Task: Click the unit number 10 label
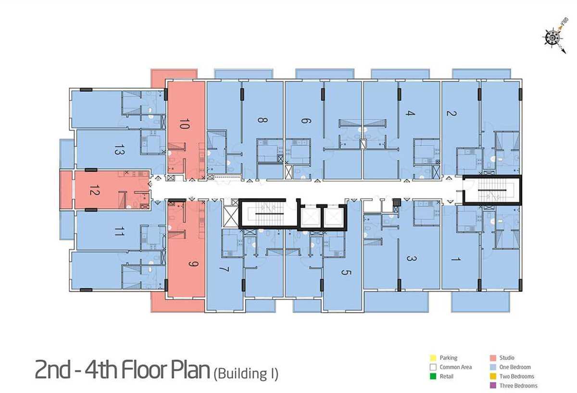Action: pos(184,124)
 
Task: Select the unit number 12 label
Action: pos(94,190)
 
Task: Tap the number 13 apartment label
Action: pos(120,150)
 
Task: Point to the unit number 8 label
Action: pos(263,120)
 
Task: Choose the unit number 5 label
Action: pos(346,272)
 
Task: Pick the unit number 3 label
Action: pos(410,258)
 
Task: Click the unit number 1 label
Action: pos(456,258)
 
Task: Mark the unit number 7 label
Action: pos(224,269)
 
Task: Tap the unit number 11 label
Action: pos(120,231)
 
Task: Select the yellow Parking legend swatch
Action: pos(433,358)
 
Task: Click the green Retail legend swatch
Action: pos(433,377)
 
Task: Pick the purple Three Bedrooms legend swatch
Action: pos(493,386)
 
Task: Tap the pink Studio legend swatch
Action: pos(493,358)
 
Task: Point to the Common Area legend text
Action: pos(456,367)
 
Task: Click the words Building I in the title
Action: pos(246,374)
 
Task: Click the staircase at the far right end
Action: pos(492,190)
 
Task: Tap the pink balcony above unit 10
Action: pos(174,75)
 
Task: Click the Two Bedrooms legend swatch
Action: pos(493,377)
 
